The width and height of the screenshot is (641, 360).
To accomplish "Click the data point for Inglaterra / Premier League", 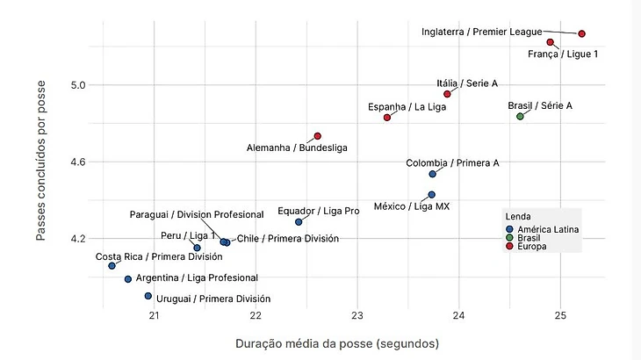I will pyautogui.click(x=581, y=33).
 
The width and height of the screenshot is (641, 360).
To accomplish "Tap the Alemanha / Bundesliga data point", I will pyautogui.click(x=318, y=136).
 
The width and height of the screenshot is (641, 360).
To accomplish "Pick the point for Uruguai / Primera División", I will pyautogui.click(x=148, y=296).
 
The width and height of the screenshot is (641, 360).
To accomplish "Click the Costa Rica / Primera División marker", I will pyautogui.click(x=112, y=266).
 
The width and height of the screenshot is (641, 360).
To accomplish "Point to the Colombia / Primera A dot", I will pyautogui.click(x=432, y=175).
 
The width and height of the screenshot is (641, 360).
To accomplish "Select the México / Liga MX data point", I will pyautogui.click(x=431, y=195).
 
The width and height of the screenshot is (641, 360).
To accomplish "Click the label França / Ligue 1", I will pyautogui.click(x=563, y=54).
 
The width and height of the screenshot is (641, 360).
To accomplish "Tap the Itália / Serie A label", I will pyautogui.click(x=467, y=83).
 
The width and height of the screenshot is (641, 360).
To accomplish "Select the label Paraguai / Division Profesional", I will pyautogui.click(x=197, y=214).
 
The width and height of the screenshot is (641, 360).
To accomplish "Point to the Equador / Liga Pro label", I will pyautogui.click(x=318, y=211).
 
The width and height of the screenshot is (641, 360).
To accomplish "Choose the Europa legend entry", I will pyautogui.click(x=530, y=247).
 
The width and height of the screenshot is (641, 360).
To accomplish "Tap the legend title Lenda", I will pyautogui.click(x=516, y=216).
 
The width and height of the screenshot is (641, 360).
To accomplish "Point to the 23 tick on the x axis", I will pyautogui.click(x=357, y=316).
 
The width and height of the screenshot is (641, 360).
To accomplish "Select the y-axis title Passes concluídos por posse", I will pyautogui.click(x=41, y=160).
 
